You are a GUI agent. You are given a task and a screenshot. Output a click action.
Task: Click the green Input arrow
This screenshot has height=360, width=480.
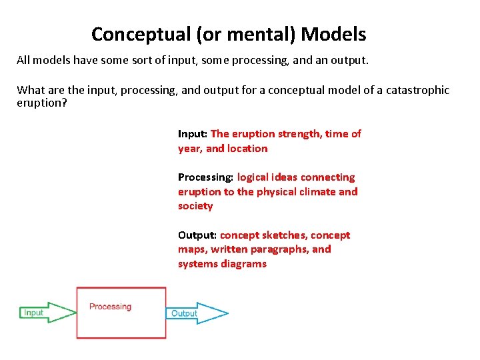coord(47,313)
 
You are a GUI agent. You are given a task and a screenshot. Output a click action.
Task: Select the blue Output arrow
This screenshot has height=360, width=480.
coord(197,313)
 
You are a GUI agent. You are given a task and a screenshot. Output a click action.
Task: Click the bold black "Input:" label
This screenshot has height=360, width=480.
coord(193,134)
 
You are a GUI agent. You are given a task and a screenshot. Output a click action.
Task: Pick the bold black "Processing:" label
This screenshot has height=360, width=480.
coord(205,177)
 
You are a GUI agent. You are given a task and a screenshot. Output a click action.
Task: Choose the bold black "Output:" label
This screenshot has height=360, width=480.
coord(197,235)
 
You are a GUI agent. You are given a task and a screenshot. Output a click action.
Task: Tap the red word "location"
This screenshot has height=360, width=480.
coord(247,149)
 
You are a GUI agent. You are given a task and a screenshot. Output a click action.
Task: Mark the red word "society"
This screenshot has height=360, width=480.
coord(195,206)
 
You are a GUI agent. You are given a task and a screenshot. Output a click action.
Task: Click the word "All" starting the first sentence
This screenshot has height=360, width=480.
coord(24,61)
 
